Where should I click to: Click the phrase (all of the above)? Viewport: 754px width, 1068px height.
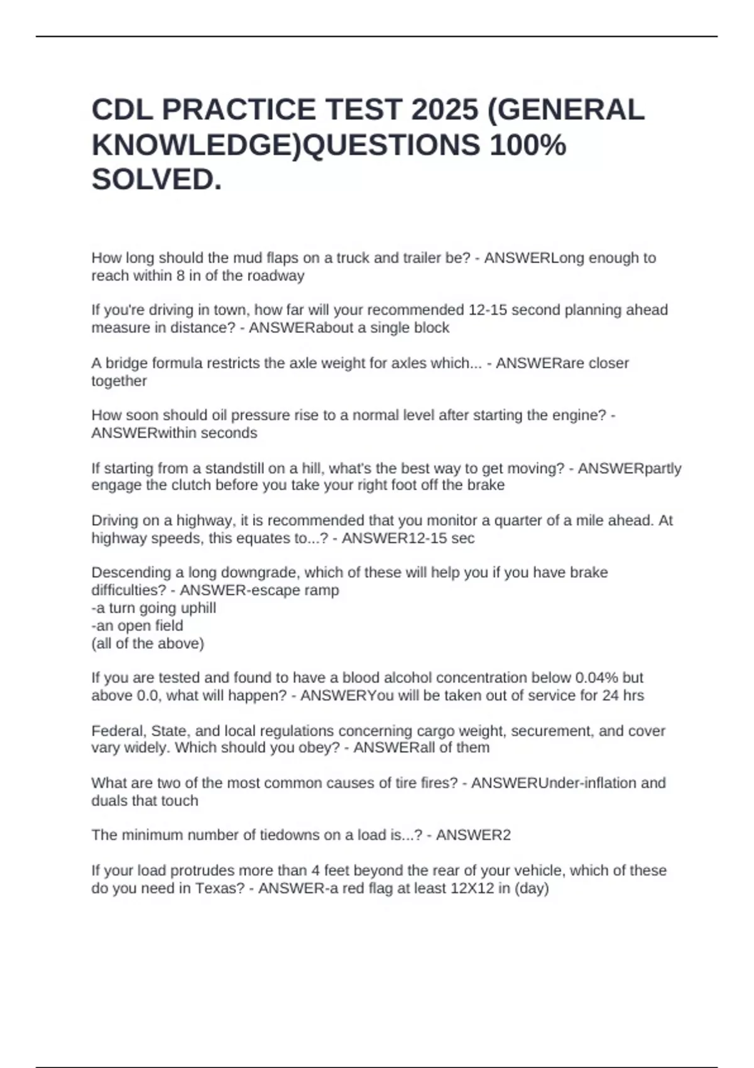[148, 643]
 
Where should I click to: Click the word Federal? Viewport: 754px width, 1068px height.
[117, 731]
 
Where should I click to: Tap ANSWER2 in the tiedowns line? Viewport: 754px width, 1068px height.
[473, 835]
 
